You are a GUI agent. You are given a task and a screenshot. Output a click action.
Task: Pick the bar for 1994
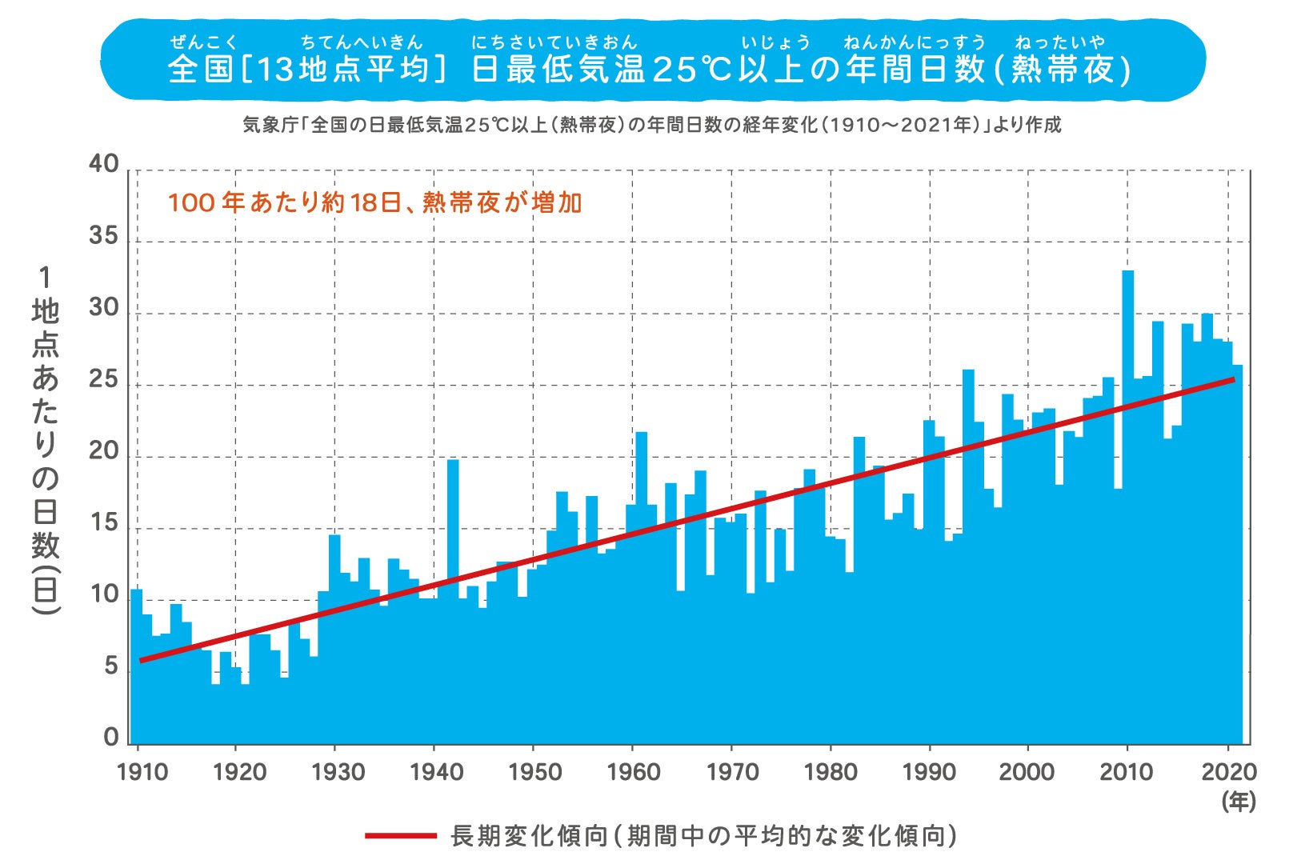[968, 480]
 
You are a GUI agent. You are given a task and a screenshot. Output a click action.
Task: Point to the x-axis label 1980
[830, 772]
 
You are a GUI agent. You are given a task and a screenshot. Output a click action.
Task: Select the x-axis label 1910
[142, 772]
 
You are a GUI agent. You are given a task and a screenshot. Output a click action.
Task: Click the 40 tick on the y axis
[103, 164]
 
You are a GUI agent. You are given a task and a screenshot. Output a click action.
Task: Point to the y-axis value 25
[103, 381]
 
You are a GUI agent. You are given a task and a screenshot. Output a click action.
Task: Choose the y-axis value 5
[111, 666]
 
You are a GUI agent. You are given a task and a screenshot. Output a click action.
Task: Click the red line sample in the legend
[400, 836]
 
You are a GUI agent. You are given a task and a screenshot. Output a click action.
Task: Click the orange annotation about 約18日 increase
[374, 202]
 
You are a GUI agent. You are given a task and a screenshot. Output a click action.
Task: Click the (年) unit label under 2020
[1238, 802]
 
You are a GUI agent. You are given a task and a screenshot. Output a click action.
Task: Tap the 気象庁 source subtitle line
[651, 126]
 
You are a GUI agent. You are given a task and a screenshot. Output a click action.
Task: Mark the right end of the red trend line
[1234, 379]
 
